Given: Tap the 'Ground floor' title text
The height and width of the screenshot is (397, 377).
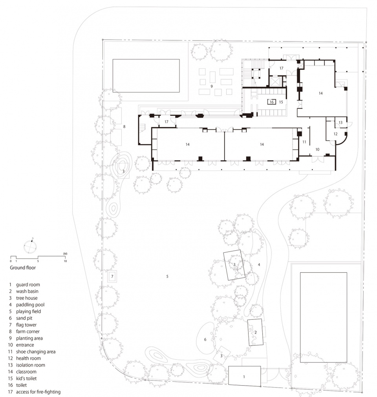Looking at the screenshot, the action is (x=23, y=268).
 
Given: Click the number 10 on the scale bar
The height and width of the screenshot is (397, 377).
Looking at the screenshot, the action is (x=65, y=261).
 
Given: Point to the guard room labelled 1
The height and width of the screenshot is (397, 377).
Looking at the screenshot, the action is (x=244, y=376).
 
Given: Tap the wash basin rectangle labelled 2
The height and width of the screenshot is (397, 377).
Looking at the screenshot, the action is (x=255, y=332).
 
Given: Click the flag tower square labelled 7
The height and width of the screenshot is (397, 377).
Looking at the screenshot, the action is (x=112, y=277).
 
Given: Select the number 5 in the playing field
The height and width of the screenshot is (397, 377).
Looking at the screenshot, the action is (x=167, y=277).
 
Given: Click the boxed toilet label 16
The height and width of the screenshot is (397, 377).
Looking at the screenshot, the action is (x=272, y=102).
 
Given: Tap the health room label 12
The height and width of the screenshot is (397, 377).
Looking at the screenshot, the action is (x=335, y=134).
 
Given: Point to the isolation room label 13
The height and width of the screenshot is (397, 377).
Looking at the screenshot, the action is (x=340, y=122).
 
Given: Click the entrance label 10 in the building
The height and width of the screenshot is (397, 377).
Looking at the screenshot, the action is (x=317, y=149).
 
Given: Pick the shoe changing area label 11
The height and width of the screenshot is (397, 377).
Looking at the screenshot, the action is (x=304, y=142).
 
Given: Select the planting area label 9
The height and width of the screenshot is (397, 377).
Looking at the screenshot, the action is (x=212, y=86).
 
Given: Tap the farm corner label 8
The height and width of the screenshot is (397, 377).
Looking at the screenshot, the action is (x=124, y=127).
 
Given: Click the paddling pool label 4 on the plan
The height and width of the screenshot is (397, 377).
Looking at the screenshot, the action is (x=259, y=264).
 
